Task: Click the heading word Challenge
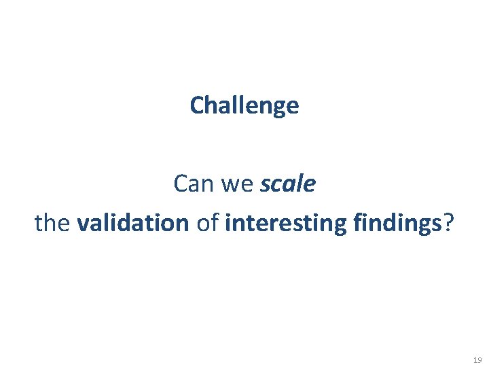pyautogui.click(x=244, y=105)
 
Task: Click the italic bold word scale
pyautogui.click(x=287, y=183)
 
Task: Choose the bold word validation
pyautogui.click(x=133, y=223)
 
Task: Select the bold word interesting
pyautogui.click(x=285, y=223)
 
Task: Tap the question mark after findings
pyautogui.click(x=448, y=223)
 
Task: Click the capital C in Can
pyautogui.click(x=181, y=183)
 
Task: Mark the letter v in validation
pyautogui.click(x=83, y=223)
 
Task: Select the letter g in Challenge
pyautogui.click(x=278, y=107)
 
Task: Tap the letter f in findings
pyautogui.click(x=356, y=222)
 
